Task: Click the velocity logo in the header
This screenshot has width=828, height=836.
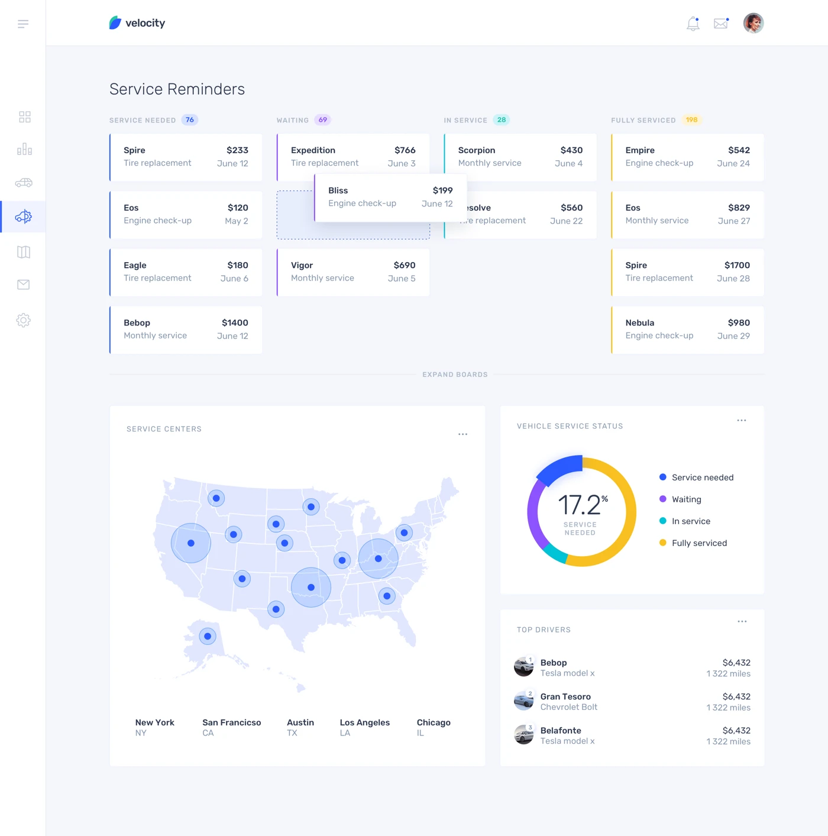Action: click(x=137, y=23)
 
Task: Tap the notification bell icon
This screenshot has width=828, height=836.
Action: click(x=693, y=24)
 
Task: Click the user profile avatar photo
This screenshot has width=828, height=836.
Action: click(x=753, y=23)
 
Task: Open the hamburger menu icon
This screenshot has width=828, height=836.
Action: click(x=23, y=24)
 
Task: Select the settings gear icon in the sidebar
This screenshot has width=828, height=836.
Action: click(x=23, y=320)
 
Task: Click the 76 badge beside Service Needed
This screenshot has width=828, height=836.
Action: click(x=189, y=120)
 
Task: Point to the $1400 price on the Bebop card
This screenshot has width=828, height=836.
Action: click(x=235, y=323)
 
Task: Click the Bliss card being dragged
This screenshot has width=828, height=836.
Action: click(x=390, y=198)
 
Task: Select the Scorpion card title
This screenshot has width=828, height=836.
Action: click(x=476, y=150)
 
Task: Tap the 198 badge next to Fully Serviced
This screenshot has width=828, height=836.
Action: click(x=691, y=120)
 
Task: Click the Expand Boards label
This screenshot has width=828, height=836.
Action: click(x=455, y=375)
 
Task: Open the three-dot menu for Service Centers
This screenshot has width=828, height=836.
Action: click(x=462, y=434)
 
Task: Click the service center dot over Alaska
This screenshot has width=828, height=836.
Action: click(x=208, y=637)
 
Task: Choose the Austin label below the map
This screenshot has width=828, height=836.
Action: click(x=300, y=722)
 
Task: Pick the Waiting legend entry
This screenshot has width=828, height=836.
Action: click(x=686, y=499)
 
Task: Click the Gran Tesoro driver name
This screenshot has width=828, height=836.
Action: click(x=565, y=697)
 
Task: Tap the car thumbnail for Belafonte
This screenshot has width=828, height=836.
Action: click(x=523, y=735)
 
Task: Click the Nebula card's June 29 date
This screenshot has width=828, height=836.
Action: click(x=733, y=336)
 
